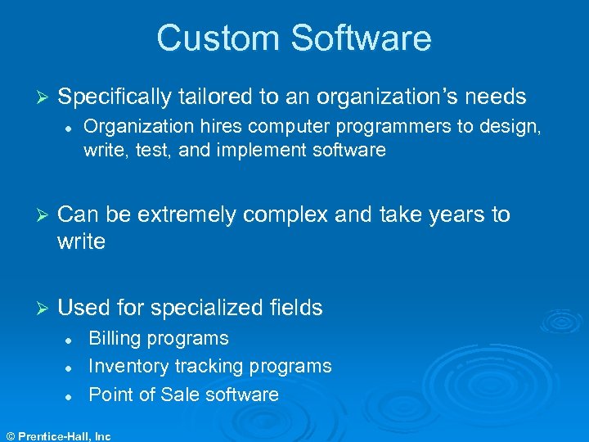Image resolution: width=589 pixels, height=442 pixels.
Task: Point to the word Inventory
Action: coord(128,366)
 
